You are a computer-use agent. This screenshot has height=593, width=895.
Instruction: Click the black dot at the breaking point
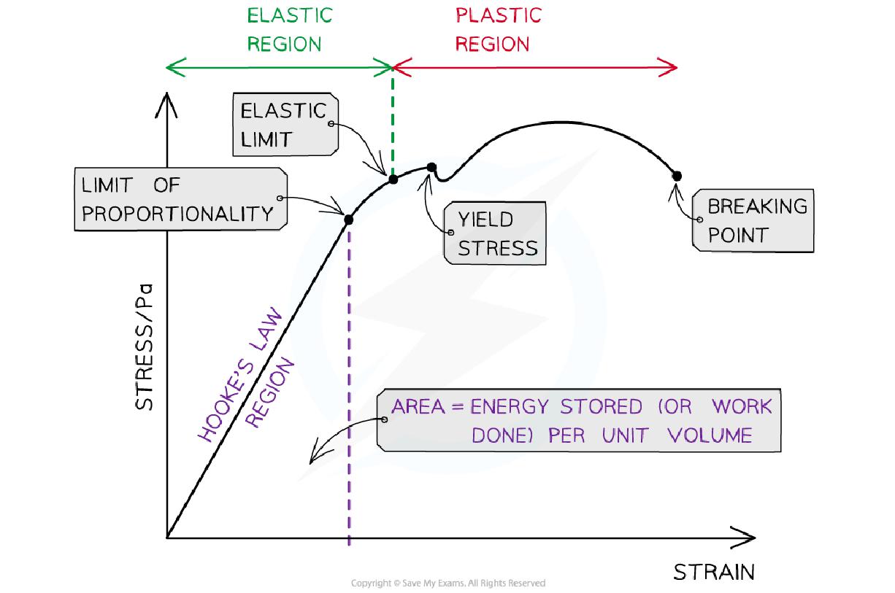tap(677, 175)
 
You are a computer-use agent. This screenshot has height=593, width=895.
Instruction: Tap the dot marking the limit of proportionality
tap(348, 219)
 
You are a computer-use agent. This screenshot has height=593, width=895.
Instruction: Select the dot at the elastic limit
tap(393, 179)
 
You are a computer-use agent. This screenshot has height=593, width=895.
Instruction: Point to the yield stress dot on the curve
tap(431, 168)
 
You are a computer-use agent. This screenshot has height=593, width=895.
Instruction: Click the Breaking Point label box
tap(753, 221)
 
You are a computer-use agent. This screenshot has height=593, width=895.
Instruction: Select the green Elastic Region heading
tap(289, 29)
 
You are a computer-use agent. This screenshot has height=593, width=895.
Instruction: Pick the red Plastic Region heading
tap(498, 29)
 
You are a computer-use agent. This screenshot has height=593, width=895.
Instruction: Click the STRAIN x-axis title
tap(713, 572)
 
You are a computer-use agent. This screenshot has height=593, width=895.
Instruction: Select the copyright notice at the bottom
tap(447, 583)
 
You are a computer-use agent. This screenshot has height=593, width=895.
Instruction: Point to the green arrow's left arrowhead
tap(172, 68)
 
